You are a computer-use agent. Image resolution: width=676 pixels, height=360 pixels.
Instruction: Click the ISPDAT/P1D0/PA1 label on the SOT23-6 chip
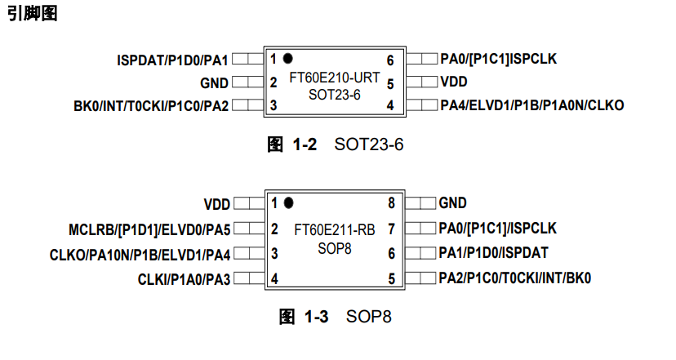pos(172,60)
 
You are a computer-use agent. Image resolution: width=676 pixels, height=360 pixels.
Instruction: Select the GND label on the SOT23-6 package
pos(215,82)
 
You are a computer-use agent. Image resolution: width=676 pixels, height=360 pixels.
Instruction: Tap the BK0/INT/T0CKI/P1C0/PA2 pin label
pos(151,105)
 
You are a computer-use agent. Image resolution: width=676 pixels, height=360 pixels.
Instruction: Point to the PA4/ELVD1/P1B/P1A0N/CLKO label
pos(531,105)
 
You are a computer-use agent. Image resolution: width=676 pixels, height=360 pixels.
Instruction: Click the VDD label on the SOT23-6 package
pos(454,82)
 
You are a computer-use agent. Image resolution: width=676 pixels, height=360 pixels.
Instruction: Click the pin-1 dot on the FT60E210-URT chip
pos(287,59)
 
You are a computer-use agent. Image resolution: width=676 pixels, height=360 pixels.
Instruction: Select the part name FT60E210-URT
pos(335,78)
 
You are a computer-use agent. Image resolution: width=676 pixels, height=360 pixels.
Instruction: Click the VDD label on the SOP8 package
pos(216,203)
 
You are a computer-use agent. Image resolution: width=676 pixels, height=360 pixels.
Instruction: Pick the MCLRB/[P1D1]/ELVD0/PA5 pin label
pos(149,229)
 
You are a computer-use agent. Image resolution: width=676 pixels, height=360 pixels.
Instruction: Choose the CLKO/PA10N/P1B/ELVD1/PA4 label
pos(140,254)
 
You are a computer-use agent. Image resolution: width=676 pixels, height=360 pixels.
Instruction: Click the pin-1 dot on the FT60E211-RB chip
pos(288,202)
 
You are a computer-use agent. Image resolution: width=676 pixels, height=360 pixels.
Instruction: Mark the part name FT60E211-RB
pos(335,229)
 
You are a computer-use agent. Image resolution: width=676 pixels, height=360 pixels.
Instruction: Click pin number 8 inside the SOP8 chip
pos(391,203)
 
